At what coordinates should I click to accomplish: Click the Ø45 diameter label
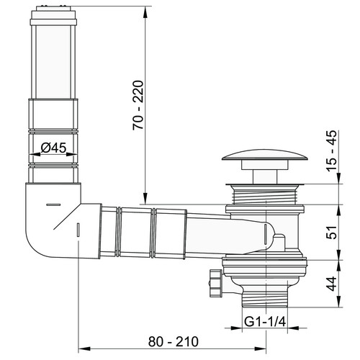(53, 148)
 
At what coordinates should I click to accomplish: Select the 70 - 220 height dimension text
(138, 105)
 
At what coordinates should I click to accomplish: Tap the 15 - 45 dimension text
(332, 150)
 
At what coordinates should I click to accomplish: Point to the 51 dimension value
(332, 232)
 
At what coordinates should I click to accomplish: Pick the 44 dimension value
(332, 284)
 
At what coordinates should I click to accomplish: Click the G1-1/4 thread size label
(265, 322)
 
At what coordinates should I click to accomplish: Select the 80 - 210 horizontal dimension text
(174, 341)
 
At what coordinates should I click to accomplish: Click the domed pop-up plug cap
(265, 155)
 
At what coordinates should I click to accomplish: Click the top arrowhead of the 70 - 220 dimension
(145, 12)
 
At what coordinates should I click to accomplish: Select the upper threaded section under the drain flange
(265, 196)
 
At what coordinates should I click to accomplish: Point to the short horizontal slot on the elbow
(53, 204)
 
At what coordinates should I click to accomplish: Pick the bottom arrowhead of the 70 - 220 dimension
(145, 198)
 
